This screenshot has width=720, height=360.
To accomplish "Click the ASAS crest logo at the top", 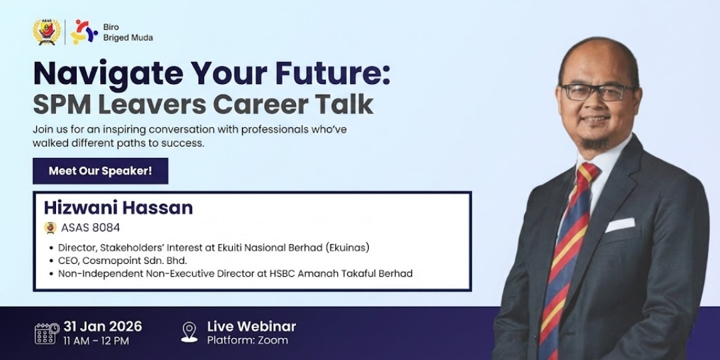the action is (x=47, y=32).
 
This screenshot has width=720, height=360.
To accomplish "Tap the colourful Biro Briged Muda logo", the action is (x=83, y=32).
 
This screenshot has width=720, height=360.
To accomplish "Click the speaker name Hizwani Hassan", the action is (x=119, y=208).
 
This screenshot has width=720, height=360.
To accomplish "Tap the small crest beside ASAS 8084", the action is (x=50, y=228).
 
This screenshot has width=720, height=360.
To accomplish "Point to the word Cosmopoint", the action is (x=107, y=261).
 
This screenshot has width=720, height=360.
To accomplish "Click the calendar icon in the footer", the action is (x=47, y=333).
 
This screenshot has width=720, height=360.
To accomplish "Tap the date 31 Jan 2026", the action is (x=103, y=327).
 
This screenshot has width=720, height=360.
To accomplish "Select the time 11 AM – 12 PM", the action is (x=97, y=341).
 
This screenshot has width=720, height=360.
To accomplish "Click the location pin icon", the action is (x=189, y=332).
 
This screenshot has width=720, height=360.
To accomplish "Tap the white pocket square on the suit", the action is (x=620, y=225).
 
